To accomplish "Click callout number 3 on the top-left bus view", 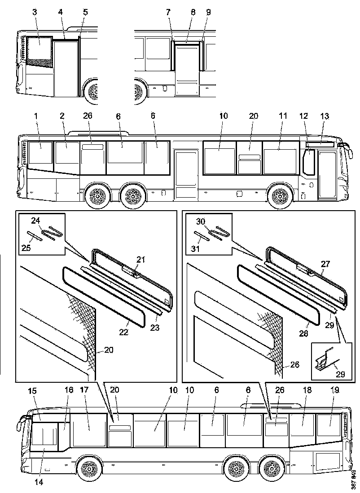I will coord(35,12).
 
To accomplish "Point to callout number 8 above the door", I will coord(193,12).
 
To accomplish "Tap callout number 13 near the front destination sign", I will coord(325,117).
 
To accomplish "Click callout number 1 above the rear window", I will coord(35,116).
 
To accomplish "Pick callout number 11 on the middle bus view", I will coord(283,116).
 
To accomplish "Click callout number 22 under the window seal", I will coord(123,332).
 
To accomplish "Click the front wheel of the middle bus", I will coord(281,196).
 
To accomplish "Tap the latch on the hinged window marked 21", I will coord(130,271).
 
